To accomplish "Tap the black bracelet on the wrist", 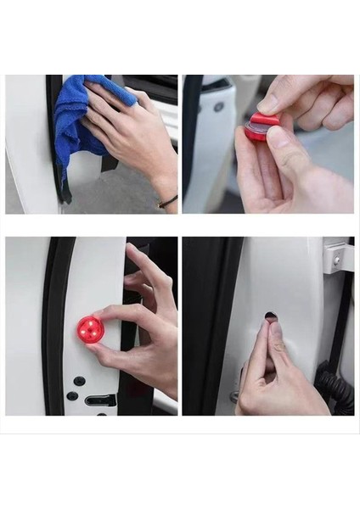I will [x=168, y=201].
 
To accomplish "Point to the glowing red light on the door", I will [x=90, y=329].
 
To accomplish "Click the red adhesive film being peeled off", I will [x=265, y=120].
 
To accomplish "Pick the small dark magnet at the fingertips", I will [x=270, y=317].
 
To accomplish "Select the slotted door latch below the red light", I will [x=99, y=400].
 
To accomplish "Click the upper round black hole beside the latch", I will [x=79, y=382].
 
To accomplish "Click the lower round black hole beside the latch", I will [x=73, y=395].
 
